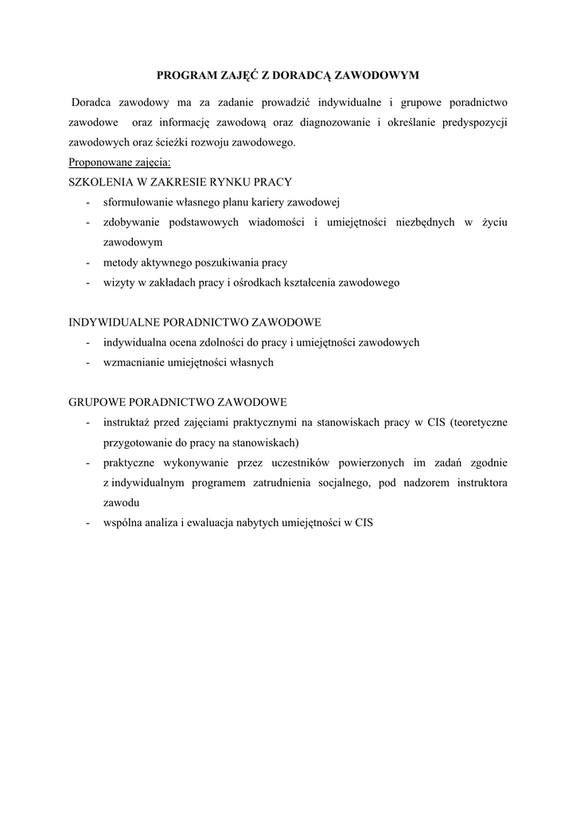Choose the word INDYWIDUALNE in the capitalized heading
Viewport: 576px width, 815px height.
click(x=115, y=322)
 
